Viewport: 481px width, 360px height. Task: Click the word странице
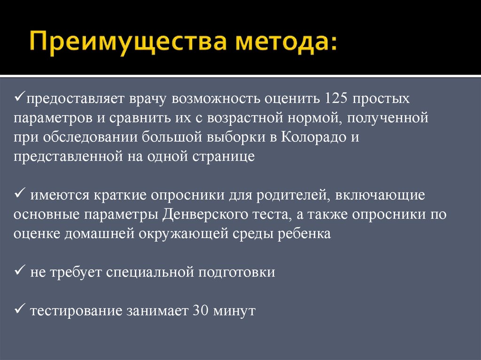(x=223, y=157)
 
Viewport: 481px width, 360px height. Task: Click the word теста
(x=266, y=214)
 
